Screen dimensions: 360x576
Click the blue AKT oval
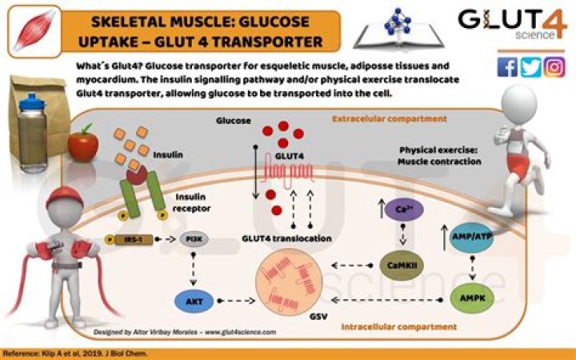193,302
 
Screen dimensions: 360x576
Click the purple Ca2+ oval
403,210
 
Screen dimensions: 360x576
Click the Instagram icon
554,67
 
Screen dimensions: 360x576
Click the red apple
82,145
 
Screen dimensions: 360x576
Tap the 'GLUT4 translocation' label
282,238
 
